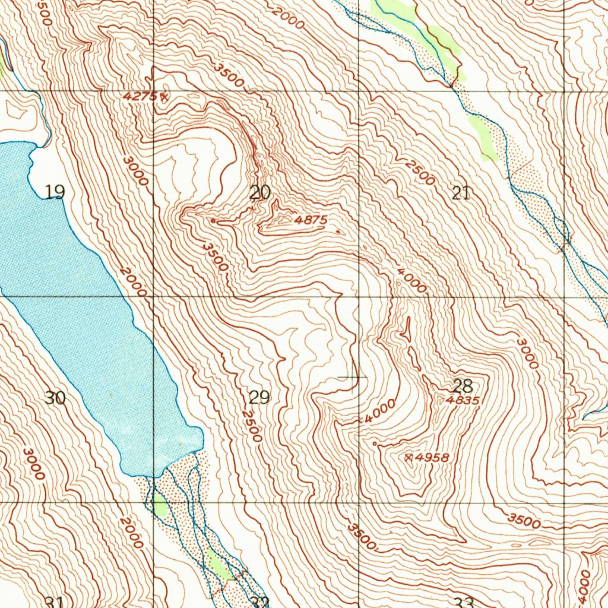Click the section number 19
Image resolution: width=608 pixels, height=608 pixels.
click(55, 192)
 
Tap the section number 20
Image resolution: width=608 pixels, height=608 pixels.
click(260, 192)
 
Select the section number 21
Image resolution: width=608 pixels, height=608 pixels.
click(461, 192)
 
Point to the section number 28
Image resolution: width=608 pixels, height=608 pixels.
click(462, 386)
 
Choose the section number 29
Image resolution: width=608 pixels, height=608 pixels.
click(259, 397)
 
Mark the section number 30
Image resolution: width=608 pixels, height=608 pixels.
click(55, 398)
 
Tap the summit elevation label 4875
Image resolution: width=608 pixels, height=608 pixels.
click(311, 220)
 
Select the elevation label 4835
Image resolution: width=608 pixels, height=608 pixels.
click(462, 401)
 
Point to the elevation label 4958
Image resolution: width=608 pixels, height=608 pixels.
click(432, 457)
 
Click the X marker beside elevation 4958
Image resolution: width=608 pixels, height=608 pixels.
click(409, 457)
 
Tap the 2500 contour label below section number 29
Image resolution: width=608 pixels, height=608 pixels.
click(252, 426)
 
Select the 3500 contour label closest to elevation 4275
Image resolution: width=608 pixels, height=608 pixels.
click(230, 75)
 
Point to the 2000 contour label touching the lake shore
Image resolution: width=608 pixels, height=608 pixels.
click(132, 282)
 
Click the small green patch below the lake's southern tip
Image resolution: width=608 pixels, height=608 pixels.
click(160, 506)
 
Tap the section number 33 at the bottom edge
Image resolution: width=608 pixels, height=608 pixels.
click(464, 603)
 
